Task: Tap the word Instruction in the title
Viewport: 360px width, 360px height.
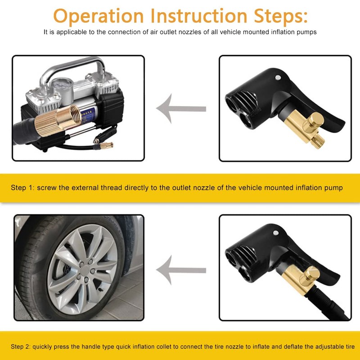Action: click(197, 16)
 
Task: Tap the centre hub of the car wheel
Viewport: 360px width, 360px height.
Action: click(81, 270)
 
